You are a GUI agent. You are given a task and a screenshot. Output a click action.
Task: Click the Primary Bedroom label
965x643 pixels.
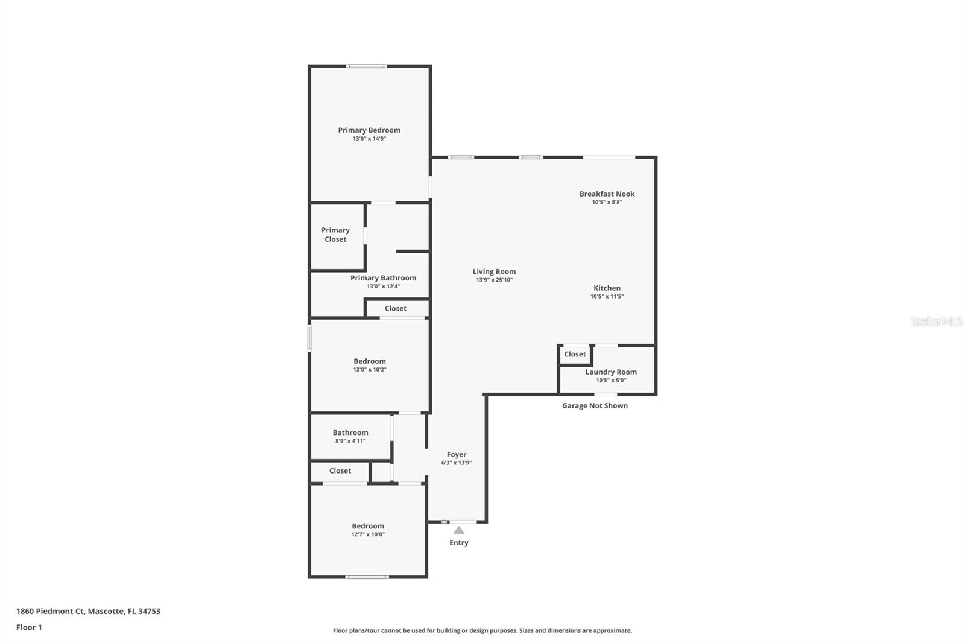tap(369, 130)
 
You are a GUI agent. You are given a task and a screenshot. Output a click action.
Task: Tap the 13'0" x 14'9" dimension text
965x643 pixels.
tap(369, 139)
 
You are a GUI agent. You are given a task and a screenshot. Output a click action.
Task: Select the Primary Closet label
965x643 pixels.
tap(335, 235)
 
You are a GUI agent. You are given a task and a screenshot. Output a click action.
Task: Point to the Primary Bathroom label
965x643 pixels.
tap(383, 278)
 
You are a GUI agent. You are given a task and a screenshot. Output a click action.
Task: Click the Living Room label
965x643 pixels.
tap(494, 271)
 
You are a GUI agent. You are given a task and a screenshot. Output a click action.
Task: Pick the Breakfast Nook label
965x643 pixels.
tap(607, 194)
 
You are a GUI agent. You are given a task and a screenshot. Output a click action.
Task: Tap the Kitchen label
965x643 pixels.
tap(607, 288)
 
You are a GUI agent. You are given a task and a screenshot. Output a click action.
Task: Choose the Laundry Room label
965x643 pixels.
tap(611, 372)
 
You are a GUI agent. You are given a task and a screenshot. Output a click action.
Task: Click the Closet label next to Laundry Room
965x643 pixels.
tap(575, 354)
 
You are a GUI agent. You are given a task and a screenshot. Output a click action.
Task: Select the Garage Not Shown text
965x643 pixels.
tap(595, 405)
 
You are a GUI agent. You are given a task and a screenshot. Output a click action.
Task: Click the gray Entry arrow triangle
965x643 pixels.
tap(459, 530)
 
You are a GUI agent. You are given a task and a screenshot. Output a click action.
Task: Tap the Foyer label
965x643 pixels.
tap(456, 454)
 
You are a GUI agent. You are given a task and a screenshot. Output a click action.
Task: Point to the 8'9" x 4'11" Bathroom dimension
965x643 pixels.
tap(350, 441)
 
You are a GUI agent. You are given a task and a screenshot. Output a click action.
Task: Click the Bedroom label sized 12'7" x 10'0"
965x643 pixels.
tap(368, 526)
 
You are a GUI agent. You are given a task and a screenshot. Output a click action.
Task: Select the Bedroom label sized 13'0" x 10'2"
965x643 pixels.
tap(369, 361)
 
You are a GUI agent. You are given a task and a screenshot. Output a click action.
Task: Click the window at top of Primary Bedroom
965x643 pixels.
tap(366, 66)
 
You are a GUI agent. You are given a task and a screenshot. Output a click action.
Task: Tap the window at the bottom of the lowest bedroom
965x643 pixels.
tap(367, 577)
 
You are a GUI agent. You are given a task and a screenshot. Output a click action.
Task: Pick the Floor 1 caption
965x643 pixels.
tap(29, 627)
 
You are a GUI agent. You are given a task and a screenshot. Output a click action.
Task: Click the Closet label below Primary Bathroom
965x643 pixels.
tap(396, 308)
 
